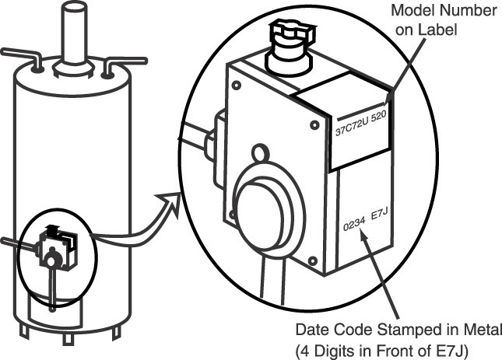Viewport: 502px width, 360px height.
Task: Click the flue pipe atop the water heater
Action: pos(75,31)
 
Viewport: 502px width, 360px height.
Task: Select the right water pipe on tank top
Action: pos(125,61)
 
